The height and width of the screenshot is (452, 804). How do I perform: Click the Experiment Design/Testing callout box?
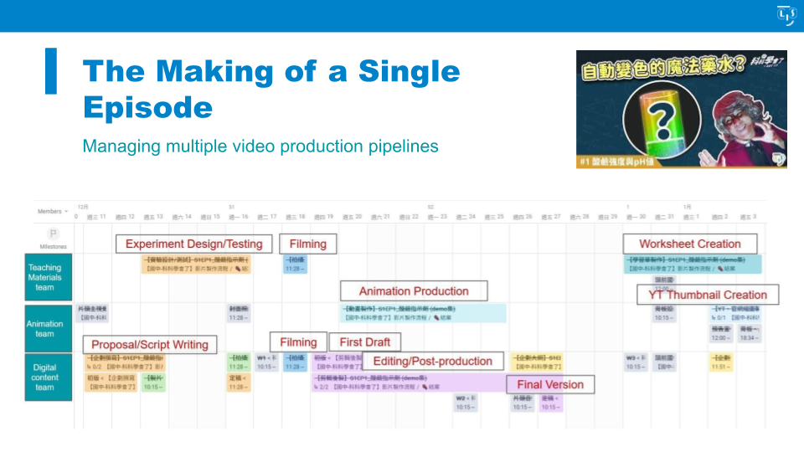tap(193, 244)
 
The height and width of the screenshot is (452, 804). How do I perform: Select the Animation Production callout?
tap(414, 291)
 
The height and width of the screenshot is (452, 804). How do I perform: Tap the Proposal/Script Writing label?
tap(150, 344)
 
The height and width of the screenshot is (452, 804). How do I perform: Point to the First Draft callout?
tap(365, 342)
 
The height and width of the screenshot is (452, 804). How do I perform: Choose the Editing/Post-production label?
tap(432, 362)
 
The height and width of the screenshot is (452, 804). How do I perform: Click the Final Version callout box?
tap(550, 384)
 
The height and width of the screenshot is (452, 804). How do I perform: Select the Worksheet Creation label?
tap(690, 244)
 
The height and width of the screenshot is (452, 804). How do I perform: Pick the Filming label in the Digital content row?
tap(298, 342)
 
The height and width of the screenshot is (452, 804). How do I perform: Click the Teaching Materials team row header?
tap(44, 278)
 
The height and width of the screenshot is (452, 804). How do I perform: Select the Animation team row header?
tap(44, 328)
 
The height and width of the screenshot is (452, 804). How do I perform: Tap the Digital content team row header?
tap(44, 377)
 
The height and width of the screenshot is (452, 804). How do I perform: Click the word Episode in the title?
tap(147, 108)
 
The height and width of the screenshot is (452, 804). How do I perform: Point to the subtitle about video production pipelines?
tap(260, 146)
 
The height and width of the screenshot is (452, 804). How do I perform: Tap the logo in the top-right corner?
tap(786, 15)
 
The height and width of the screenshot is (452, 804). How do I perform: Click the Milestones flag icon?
tap(53, 234)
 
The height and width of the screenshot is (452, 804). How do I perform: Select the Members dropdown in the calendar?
tap(52, 211)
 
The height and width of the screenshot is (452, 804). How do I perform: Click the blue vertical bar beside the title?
tap(51, 71)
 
